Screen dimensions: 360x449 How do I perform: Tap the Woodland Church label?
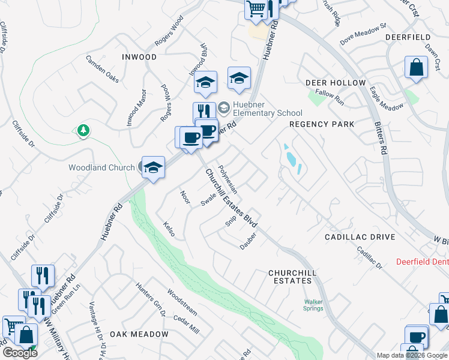click(x=101, y=167)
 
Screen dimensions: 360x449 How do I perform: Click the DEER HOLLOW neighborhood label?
click(x=336, y=82)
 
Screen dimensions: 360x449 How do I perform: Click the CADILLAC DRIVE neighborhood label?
click(x=360, y=237)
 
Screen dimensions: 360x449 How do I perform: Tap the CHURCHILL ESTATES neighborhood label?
click(x=292, y=277)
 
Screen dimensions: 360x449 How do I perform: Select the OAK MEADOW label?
click(x=139, y=334)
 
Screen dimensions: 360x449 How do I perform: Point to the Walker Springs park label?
click(x=313, y=305)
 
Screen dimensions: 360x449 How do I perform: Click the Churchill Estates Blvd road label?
click(x=231, y=198)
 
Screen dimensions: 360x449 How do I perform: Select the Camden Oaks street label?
click(x=103, y=69)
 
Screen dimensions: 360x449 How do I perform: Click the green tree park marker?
click(x=83, y=130)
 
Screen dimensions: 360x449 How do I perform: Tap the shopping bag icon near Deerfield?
click(x=416, y=68)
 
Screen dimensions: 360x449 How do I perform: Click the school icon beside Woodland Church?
click(x=152, y=167)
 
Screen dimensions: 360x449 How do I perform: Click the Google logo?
click(x=19, y=353)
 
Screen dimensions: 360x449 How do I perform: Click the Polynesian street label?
click(x=228, y=179)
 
